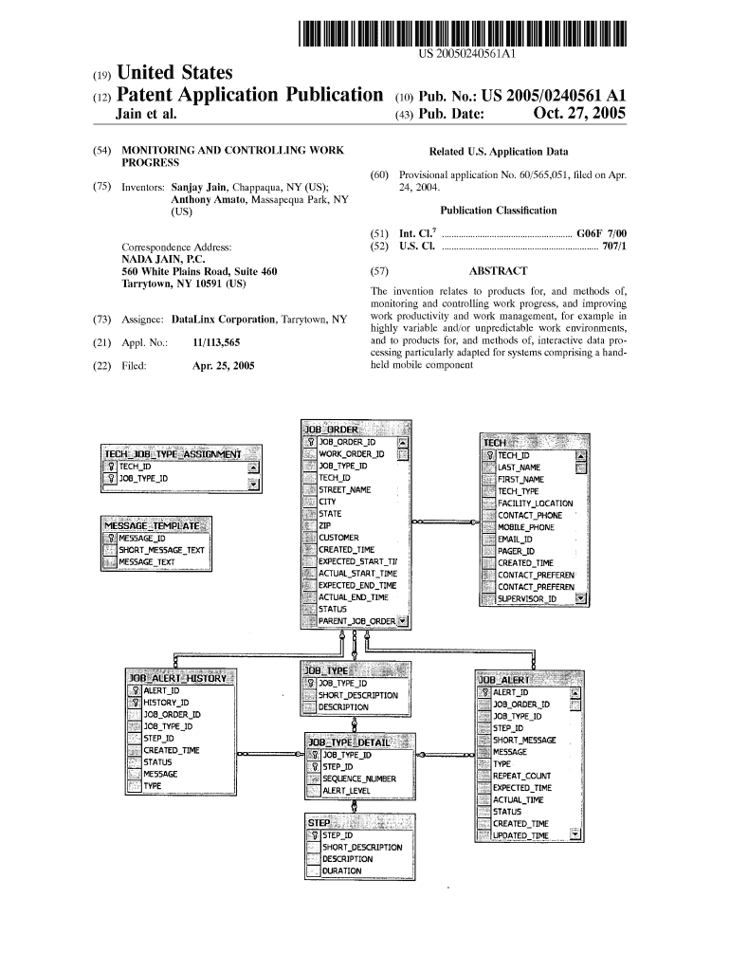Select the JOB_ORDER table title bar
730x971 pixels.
pyautogui.click(x=356, y=430)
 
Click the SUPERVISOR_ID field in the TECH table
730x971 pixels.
pyautogui.click(x=527, y=598)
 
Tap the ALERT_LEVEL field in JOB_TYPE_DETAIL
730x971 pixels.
pyautogui.click(x=346, y=790)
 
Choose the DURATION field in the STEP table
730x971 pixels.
pyautogui.click(x=341, y=870)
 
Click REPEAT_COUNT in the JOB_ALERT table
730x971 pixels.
pyautogui.click(x=520, y=776)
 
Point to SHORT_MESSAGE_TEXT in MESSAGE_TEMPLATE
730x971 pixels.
pyautogui.click(x=161, y=550)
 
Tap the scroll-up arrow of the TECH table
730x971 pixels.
pyautogui.click(x=580, y=456)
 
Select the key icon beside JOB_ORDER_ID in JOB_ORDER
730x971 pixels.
pyautogui.click(x=309, y=442)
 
